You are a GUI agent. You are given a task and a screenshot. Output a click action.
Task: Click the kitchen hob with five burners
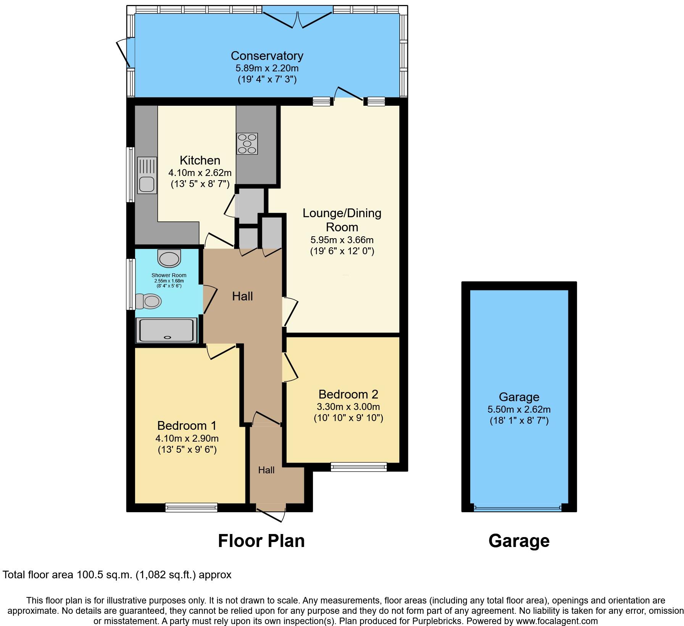[247, 144]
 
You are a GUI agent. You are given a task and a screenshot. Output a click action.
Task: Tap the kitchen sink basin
[147, 184]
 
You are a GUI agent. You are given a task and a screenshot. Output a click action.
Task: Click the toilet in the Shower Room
[149, 301]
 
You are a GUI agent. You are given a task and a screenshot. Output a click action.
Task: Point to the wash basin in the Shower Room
[169, 259]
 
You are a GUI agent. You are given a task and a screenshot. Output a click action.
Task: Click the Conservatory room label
[267, 56]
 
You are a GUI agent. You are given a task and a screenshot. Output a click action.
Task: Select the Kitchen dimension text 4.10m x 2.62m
[200, 173]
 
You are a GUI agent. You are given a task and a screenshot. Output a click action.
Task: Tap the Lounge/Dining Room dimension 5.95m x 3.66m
[342, 240]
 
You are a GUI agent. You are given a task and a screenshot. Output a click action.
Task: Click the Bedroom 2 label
[348, 394]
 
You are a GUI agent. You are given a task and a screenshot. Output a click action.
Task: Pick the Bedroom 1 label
[187, 425]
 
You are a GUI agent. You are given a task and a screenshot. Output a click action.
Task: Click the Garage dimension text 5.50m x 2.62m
[519, 410]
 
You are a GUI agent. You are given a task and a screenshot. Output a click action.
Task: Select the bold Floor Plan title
[261, 541]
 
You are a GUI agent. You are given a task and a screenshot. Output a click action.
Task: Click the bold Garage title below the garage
[519, 541]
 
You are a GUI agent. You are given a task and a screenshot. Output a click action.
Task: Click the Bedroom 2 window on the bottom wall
[358, 466]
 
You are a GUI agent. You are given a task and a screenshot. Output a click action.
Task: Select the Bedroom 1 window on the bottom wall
[191, 507]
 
